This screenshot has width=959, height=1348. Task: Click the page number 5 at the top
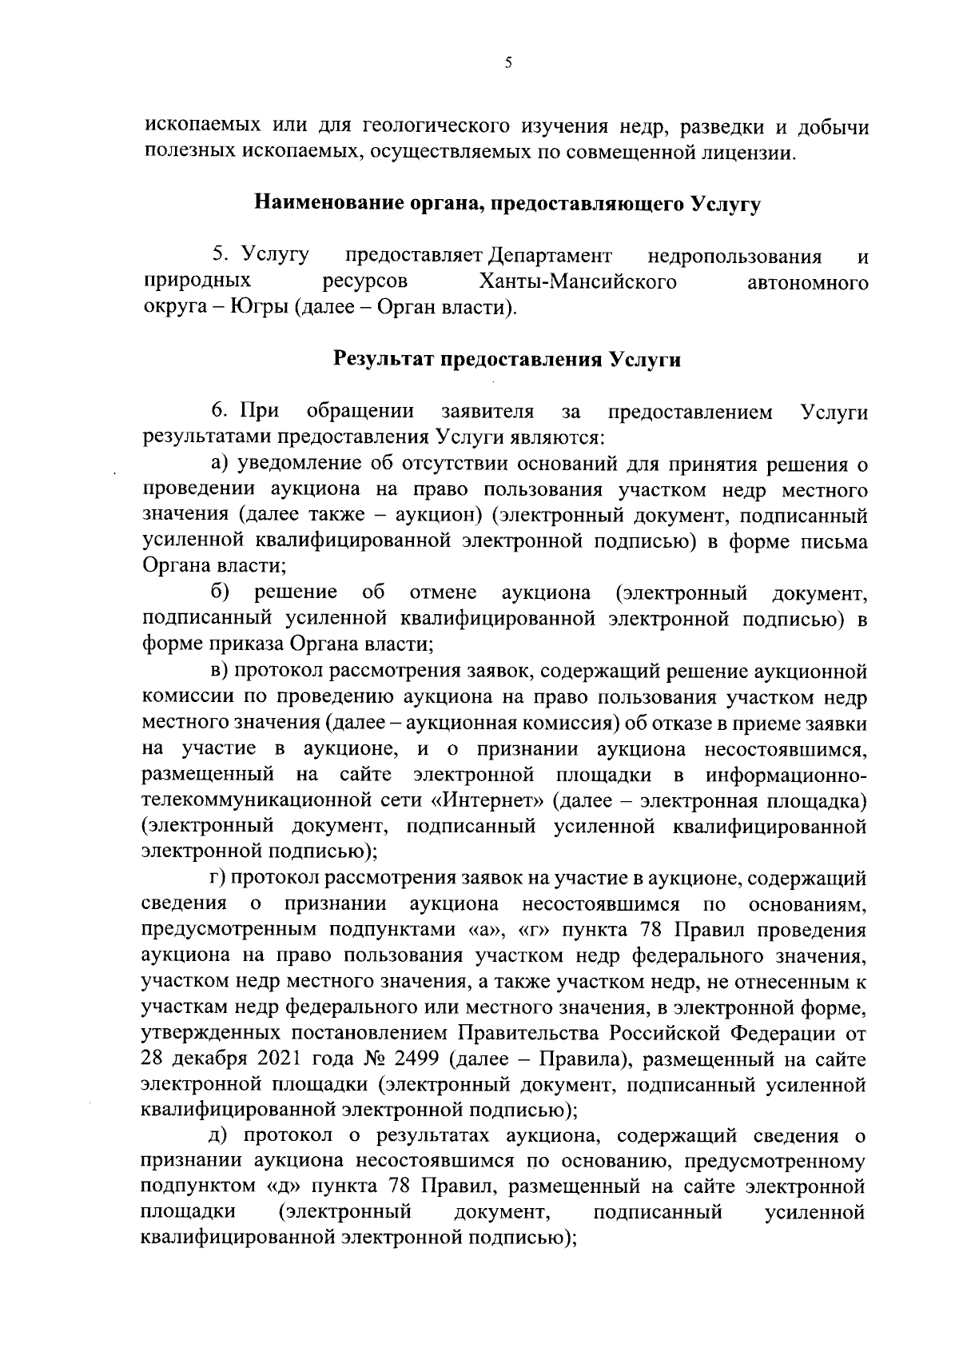508,64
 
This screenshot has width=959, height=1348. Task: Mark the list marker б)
221,592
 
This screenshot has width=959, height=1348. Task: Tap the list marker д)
221,1137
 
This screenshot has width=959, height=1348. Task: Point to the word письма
834,541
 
